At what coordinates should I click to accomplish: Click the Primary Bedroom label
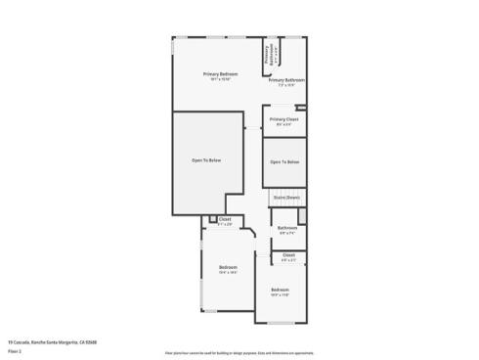click(x=220, y=74)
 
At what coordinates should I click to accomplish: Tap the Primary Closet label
click(x=284, y=119)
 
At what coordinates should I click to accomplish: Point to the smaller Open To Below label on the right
click(x=284, y=161)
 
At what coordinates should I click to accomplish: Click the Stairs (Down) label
click(x=286, y=198)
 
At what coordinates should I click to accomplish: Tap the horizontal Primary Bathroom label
click(x=286, y=79)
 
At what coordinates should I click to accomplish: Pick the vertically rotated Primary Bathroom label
click(x=266, y=57)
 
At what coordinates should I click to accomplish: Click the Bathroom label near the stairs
click(x=286, y=228)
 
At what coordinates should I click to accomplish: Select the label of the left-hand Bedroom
click(x=228, y=267)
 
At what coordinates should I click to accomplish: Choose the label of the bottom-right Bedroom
click(x=280, y=290)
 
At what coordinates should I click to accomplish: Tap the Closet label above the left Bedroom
click(x=225, y=219)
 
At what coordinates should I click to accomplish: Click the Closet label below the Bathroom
click(x=288, y=254)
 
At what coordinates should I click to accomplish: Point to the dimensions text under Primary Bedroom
click(x=220, y=80)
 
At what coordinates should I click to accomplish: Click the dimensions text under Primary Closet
click(x=284, y=124)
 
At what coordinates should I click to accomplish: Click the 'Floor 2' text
click(x=15, y=350)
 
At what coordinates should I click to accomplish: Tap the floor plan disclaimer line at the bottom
click(x=239, y=352)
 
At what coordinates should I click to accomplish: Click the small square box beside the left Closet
click(x=212, y=219)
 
